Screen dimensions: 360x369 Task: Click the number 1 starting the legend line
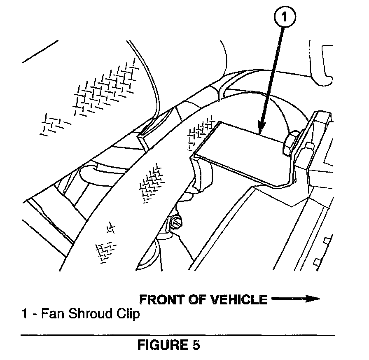[24, 314]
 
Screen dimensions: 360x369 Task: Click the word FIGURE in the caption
[162, 345]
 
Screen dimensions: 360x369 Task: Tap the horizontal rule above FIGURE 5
[177, 335]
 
